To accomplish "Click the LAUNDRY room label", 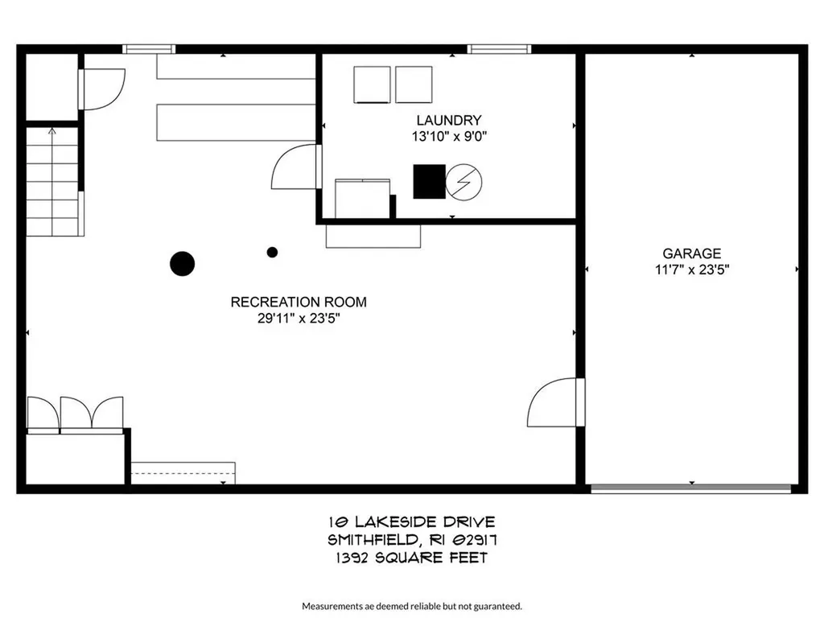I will [448, 121].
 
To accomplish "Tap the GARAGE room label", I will [691, 253].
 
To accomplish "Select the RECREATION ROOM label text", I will [299, 303].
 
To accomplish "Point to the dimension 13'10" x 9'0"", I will [449, 137].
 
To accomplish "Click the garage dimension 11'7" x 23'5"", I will [691, 270].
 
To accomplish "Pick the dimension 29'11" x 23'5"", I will [299, 319].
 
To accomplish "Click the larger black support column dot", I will [183, 263].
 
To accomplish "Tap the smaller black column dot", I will [272, 252].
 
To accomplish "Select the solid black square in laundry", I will [429, 181].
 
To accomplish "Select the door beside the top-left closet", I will [101, 89].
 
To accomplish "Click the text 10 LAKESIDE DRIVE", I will [411, 523].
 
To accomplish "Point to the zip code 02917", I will [483, 540].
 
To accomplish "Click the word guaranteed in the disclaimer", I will [499, 606].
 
